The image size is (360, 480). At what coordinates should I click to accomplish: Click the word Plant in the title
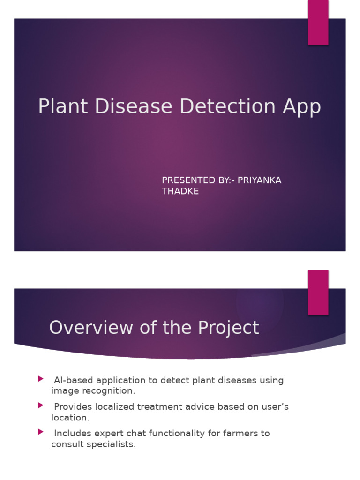click(x=63, y=106)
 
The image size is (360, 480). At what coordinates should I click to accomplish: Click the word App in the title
click(x=302, y=107)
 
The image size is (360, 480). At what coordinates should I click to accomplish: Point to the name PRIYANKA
click(x=260, y=180)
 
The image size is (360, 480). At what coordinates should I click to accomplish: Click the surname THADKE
click(x=180, y=191)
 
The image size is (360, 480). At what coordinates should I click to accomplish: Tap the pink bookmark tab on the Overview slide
click(x=318, y=292)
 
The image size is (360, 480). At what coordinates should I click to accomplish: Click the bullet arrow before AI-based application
click(x=41, y=379)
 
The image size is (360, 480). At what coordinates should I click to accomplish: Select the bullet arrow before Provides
click(x=41, y=405)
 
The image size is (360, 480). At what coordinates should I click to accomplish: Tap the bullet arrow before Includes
click(x=41, y=432)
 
